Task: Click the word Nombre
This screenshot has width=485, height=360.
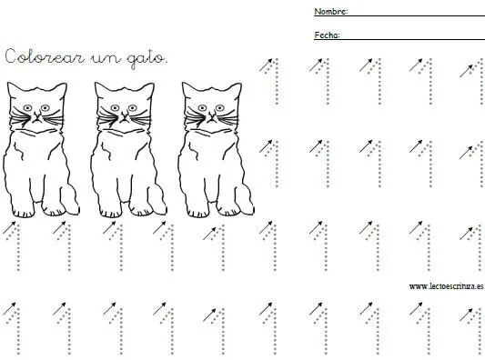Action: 329,12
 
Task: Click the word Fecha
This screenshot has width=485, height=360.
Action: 326,35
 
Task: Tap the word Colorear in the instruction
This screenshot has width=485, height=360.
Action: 45,56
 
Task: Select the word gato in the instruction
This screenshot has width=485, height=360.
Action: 146,59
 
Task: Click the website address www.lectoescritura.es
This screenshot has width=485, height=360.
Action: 446,286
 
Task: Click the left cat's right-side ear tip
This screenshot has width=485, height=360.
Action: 65,84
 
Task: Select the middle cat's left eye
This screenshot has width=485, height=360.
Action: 115,108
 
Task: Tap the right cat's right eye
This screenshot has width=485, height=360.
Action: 220,108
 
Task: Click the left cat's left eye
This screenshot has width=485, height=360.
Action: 28,108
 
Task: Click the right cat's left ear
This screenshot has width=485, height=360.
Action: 188,88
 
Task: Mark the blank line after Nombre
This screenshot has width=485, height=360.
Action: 417,15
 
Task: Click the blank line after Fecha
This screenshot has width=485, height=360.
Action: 412,39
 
